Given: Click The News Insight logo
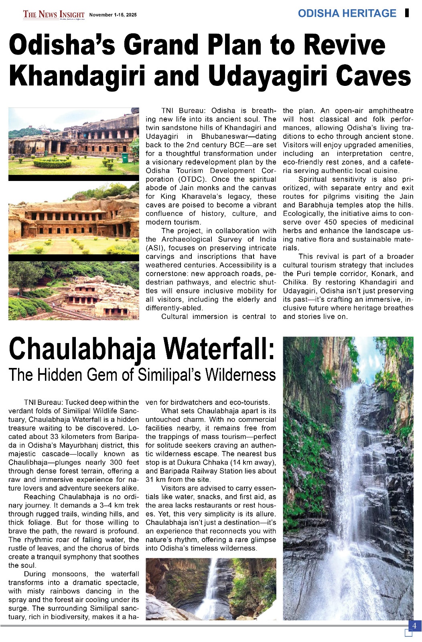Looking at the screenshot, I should (54, 15).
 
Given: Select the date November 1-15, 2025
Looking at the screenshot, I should (113, 15).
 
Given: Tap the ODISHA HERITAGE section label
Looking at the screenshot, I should (347, 13).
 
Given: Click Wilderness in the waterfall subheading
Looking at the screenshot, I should (241, 375).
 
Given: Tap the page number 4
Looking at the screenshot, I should (414, 626).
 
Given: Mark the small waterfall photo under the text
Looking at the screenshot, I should (211, 589).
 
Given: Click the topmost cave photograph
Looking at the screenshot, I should (74, 141).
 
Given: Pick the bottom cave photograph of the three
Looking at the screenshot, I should (74, 291).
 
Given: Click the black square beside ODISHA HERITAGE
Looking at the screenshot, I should (407, 13).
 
